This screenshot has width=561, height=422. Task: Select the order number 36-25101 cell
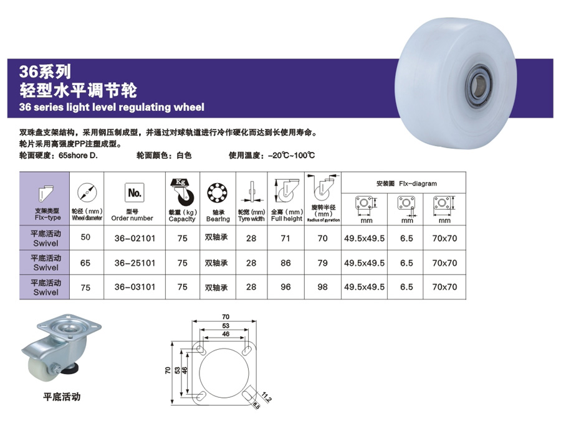point(132,263)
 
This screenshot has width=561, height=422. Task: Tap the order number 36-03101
point(132,287)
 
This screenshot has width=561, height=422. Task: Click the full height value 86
point(287,263)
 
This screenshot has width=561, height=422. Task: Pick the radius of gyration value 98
point(322,287)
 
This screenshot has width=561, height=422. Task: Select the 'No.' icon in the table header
point(133,193)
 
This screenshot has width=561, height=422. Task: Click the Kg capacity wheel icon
point(181,193)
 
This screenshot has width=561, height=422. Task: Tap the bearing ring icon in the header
point(218,192)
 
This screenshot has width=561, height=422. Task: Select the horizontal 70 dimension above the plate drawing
point(224,318)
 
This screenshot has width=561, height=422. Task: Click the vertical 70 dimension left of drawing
point(168,370)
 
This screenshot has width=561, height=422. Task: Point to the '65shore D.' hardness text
point(78,156)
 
